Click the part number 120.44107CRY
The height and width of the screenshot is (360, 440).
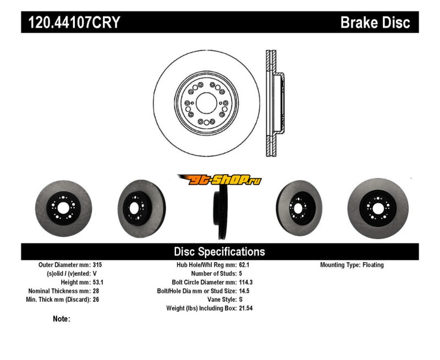tap(70, 23)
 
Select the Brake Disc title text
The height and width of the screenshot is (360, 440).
tap(375, 23)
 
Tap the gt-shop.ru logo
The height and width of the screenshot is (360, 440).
tap(219, 179)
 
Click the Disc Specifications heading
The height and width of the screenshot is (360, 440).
tap(219, 252)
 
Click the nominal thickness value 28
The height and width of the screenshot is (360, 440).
tap(96, 291)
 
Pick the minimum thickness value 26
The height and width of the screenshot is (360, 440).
tap(96, 300)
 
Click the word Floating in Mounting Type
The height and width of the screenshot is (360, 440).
tap(373, 264)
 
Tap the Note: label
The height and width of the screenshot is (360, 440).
tap(62, 319)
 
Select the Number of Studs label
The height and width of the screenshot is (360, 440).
tap(213, 273)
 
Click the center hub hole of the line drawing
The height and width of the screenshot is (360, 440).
tap(206, 103)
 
